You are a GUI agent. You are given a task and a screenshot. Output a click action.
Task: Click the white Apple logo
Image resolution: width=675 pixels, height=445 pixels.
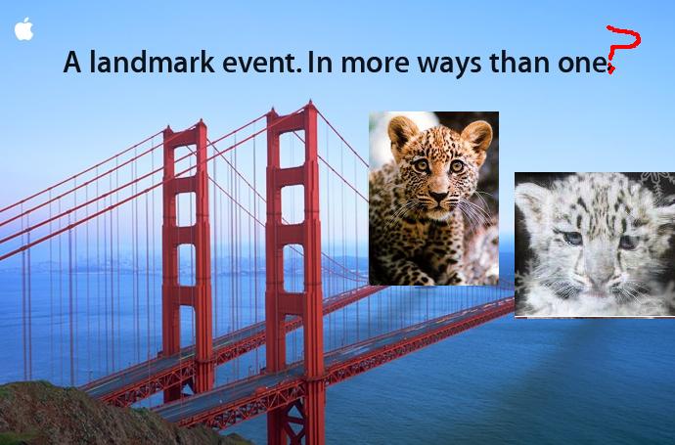point(23,28)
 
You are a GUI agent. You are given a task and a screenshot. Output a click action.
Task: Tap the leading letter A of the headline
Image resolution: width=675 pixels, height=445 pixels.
point(72,63)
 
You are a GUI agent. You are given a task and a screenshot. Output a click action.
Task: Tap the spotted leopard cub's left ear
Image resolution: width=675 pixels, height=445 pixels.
point(402,130)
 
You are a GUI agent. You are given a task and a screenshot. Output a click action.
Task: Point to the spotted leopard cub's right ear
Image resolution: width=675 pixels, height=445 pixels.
point(477,134)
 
